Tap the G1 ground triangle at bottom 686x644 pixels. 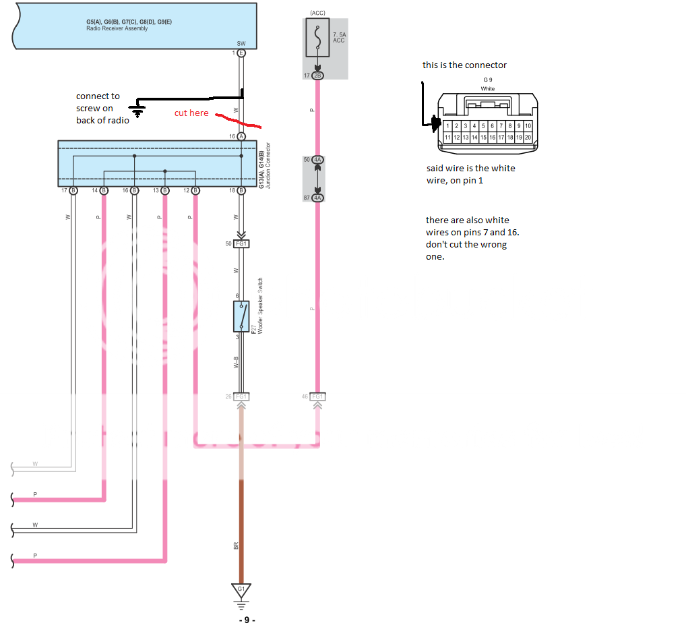click(x=241, y=590)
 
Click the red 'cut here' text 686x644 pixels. click(x=191, y=113)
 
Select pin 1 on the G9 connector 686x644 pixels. click(x=448, y=126)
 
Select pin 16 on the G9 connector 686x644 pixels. click(x=493, y=137)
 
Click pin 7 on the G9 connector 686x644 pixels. click(x=501, y=126)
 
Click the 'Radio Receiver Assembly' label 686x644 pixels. click(x=117, y=28)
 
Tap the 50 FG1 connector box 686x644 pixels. click(x=241, y=243)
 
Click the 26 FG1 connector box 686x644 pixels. click(x=241, y=397)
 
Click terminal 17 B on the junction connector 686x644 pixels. click(x=73, y=191)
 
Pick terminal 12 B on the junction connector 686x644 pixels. click(x=195, y=191)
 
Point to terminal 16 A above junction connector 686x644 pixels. click(x=241, y=136)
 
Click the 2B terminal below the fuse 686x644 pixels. click(x=317, y=76)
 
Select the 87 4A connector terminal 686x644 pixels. click(x=317, y=198)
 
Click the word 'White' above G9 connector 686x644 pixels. click(x=487, y=89)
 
